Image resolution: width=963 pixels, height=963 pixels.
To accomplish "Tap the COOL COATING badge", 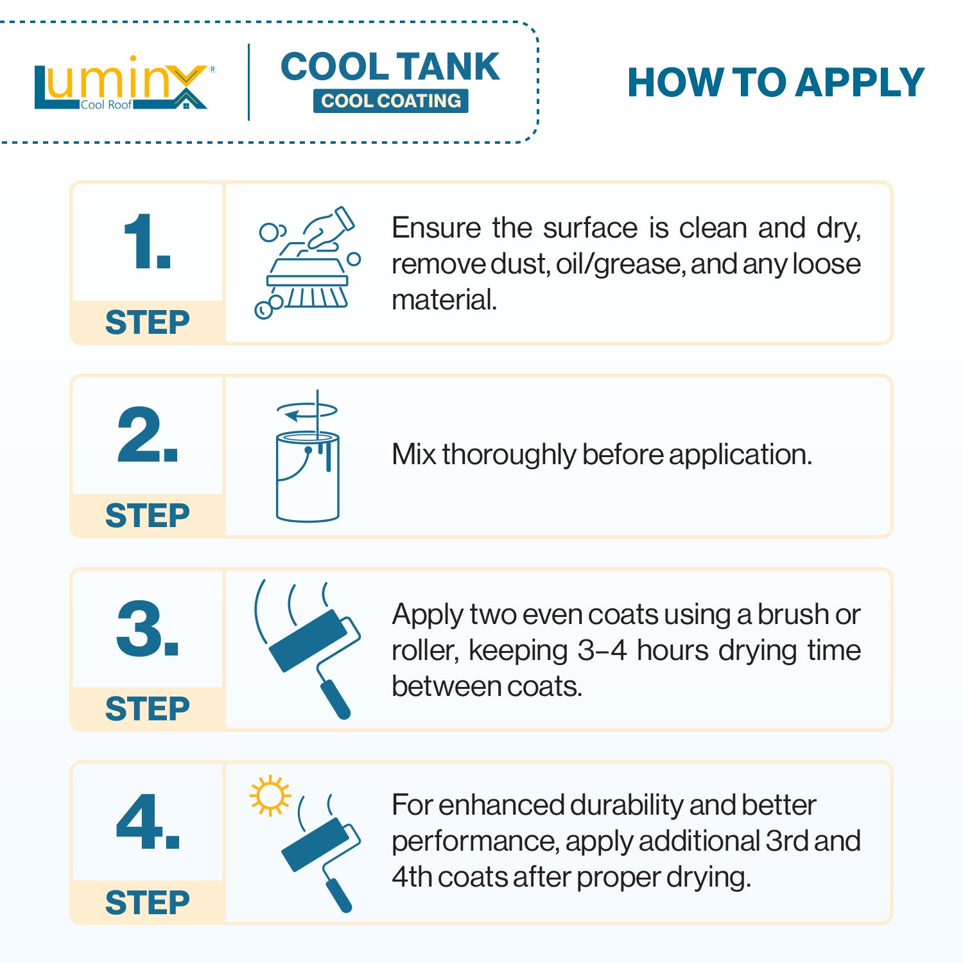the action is [x=391, y=101].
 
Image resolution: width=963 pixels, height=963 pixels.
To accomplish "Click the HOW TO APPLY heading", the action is [x=776, y=83].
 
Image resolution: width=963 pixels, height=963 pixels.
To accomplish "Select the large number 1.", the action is [x=147, y=241].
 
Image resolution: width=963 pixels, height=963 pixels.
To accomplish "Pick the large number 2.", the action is [x=147, y=435].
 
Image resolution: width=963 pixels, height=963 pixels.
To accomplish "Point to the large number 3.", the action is [x=147, y=629].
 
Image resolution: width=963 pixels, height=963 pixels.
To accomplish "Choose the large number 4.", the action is [x=148, y=822].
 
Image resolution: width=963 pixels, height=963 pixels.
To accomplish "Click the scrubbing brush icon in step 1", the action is [x=307, y=263].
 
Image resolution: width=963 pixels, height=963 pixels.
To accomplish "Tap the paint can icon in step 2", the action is [x=308, y=456].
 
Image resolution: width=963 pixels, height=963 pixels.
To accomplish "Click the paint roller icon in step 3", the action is [x=308, y=648].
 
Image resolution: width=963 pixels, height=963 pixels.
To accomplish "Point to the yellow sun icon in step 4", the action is [x=270, y=795].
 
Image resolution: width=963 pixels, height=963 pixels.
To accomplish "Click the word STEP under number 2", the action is [x=148, y=516].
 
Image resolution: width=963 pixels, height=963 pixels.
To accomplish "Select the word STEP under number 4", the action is [x=148, y=903].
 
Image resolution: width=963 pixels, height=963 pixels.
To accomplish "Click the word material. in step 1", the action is [x=444, y=300].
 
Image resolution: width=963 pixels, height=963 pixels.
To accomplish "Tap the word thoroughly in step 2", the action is [x=509, y=455].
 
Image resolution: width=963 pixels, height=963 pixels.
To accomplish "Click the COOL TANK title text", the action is [x=390, y=67].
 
